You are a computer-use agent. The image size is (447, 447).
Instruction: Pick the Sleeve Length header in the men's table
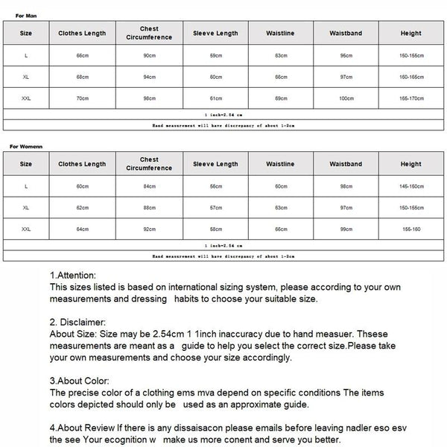[x=215, y=34]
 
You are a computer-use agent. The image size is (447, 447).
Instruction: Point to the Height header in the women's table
[x=410, y=164]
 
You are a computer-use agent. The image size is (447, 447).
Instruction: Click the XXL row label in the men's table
[x=26, y=98]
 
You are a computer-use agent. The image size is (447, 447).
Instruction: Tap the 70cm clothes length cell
[x=82, y=98]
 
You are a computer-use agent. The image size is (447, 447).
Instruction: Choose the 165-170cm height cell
[x=410, y=98]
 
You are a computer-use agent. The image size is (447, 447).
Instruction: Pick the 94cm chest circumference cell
[x=149, y=77]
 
